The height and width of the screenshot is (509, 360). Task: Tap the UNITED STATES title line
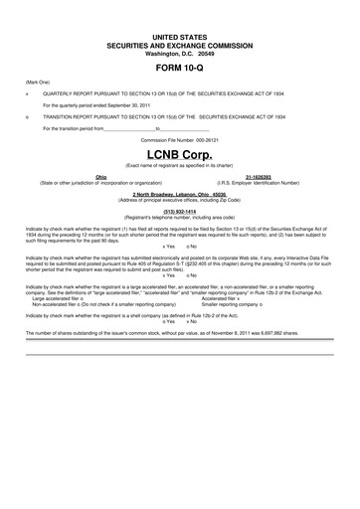(179, 35)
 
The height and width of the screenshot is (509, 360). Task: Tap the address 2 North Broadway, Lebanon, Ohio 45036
(179, 192)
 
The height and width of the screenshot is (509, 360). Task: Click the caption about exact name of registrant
(179, 166)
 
